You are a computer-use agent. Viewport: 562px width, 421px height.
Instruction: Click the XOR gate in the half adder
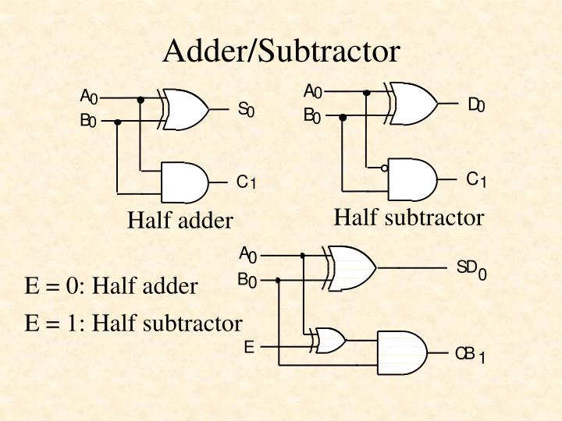point(185,108)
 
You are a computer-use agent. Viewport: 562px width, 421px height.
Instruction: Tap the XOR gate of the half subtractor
point(414,102)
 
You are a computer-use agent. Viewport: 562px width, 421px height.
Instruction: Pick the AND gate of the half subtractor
point(412,179)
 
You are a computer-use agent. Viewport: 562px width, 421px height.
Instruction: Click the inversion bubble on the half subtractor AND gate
point(384,168)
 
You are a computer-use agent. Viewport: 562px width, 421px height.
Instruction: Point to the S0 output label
point(246,110)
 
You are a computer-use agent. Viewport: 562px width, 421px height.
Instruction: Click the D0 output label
point(476,104)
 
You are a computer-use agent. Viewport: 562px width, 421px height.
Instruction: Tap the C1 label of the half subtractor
point(476,180)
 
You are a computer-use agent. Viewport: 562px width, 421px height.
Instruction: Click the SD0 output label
point(471,270)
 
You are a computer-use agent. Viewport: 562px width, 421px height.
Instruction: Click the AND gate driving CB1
point(402,352)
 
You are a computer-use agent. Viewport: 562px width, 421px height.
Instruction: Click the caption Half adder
point(180,221)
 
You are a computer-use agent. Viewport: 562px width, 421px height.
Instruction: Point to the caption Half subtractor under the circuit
point(409,217)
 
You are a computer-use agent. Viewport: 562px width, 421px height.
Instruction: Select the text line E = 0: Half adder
point(112,286)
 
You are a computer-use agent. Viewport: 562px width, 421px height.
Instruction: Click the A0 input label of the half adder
point(88,97)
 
